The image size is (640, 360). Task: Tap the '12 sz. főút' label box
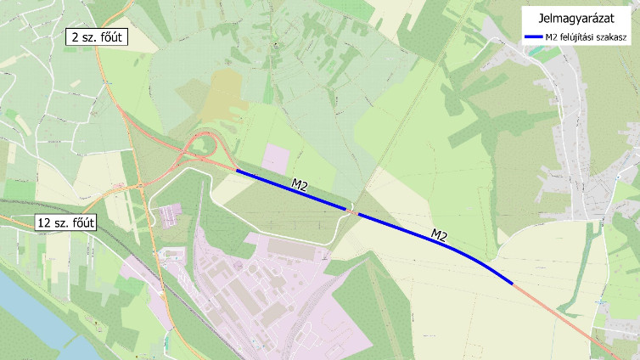point(65,223)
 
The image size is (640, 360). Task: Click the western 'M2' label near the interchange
point(300,183)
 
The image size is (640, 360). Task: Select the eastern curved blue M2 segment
point(441,242)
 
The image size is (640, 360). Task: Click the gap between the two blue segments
point(352,211)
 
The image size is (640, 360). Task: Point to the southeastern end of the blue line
point(512,284)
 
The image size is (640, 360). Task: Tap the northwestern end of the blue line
point(237,171)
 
